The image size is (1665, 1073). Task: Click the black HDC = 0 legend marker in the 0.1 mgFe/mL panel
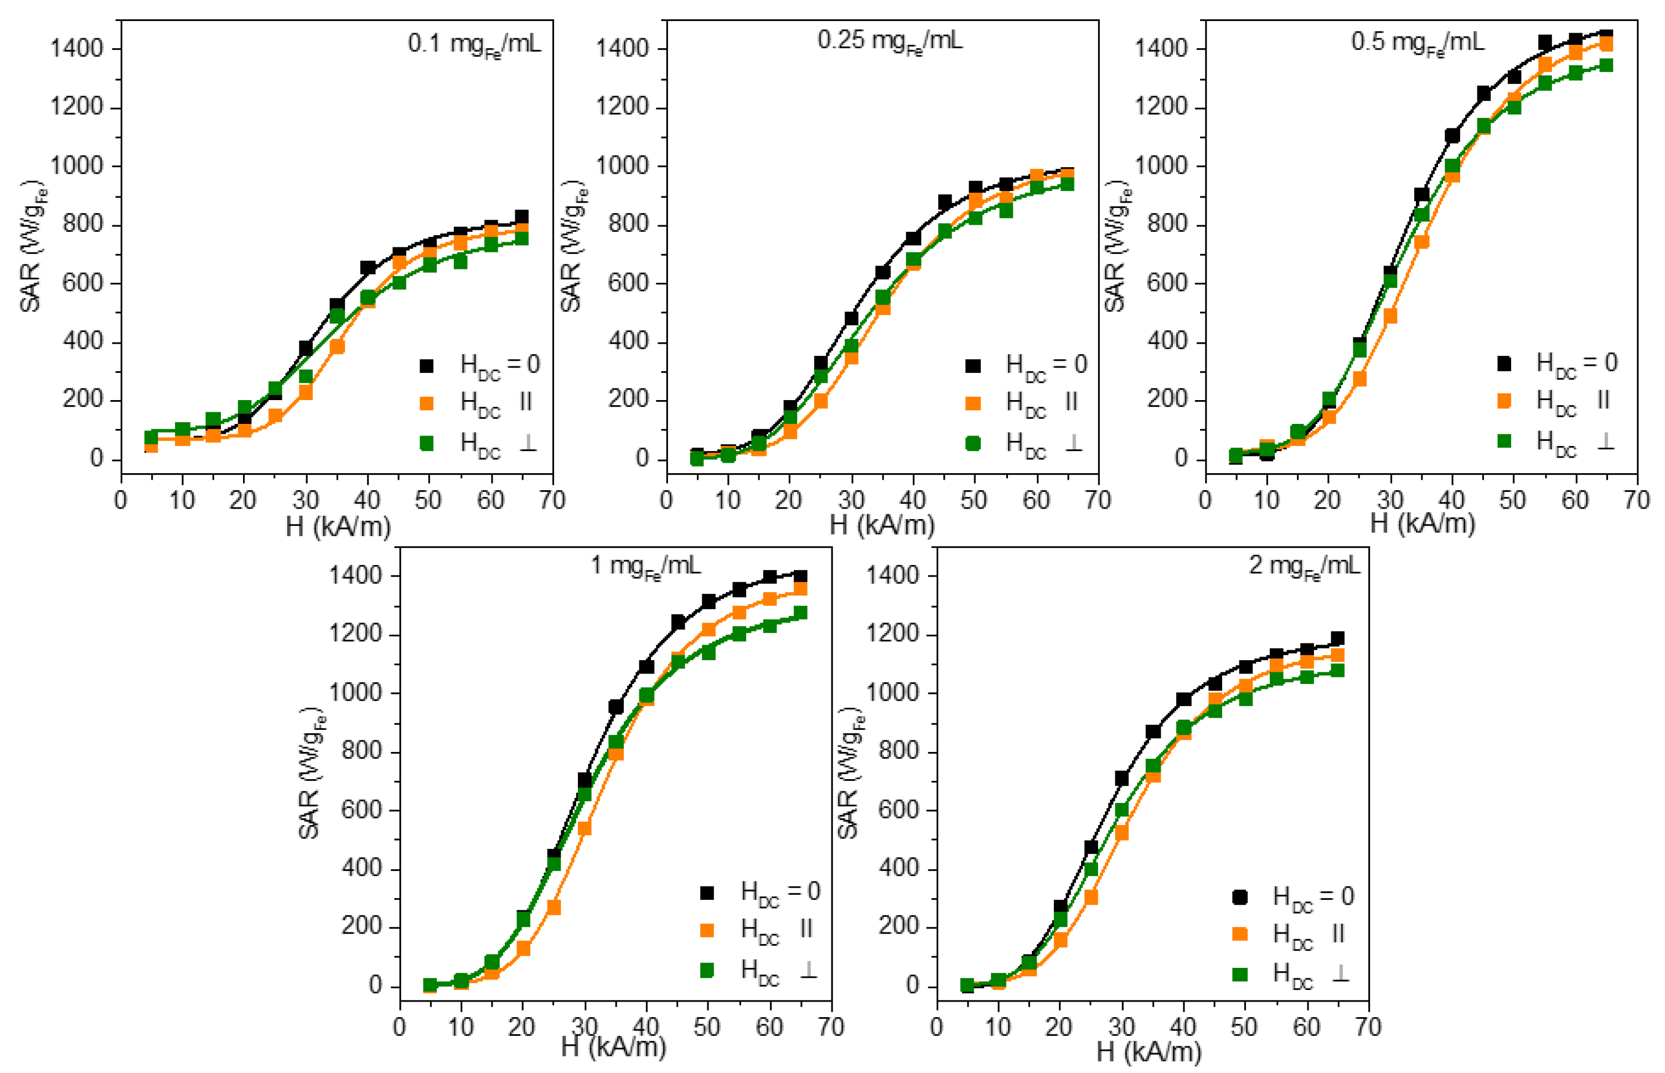427,365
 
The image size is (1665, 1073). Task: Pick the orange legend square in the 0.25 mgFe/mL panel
973,403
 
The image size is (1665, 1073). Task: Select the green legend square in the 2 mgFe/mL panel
1239,973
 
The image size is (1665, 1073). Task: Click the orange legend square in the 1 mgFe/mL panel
707,930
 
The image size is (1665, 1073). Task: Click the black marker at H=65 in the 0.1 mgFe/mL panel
521,217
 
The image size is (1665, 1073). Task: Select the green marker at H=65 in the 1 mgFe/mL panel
800,613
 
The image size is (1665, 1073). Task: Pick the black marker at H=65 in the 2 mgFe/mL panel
1337,638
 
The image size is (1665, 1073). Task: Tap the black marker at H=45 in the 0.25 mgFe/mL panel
944,202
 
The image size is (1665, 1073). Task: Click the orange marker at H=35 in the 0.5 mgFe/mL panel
1422,242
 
